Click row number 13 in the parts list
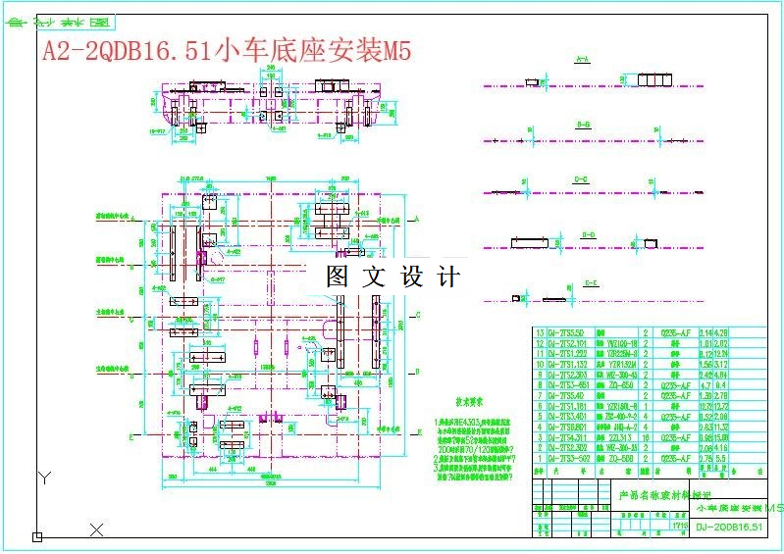tap(538, 332)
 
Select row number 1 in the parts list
tap(538, 458)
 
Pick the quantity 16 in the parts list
tap(647, 437)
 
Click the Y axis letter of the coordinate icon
tap(43, 478)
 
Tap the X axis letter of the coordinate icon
tap(96, 530)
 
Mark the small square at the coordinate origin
tap(37, 536)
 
